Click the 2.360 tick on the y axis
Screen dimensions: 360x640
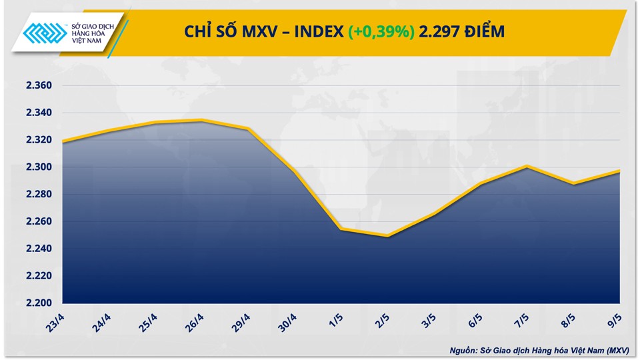(39, 86)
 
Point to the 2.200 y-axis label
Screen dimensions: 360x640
(39, 303)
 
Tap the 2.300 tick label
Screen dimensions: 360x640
(39, 167)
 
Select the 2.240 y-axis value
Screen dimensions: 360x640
(39, 249)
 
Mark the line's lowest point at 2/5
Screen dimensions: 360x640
(387, 236)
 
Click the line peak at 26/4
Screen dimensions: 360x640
(202, 120)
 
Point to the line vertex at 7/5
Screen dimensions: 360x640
(527, 166)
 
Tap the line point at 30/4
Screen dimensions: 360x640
(295, 171)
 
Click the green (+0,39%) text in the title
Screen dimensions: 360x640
(380, 31)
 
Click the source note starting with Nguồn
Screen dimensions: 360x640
(539, 349)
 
